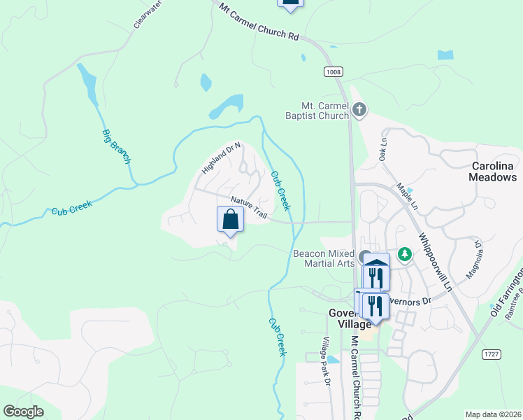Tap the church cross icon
pos(359,109)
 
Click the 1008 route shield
pos(334,71)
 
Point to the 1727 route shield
pos(492,355)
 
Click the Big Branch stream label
pos(117,146)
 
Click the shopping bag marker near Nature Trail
pos(230,220)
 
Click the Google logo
pos(23,411)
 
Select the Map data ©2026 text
pos(492,414)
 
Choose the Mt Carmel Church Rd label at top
pos(259,21)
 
